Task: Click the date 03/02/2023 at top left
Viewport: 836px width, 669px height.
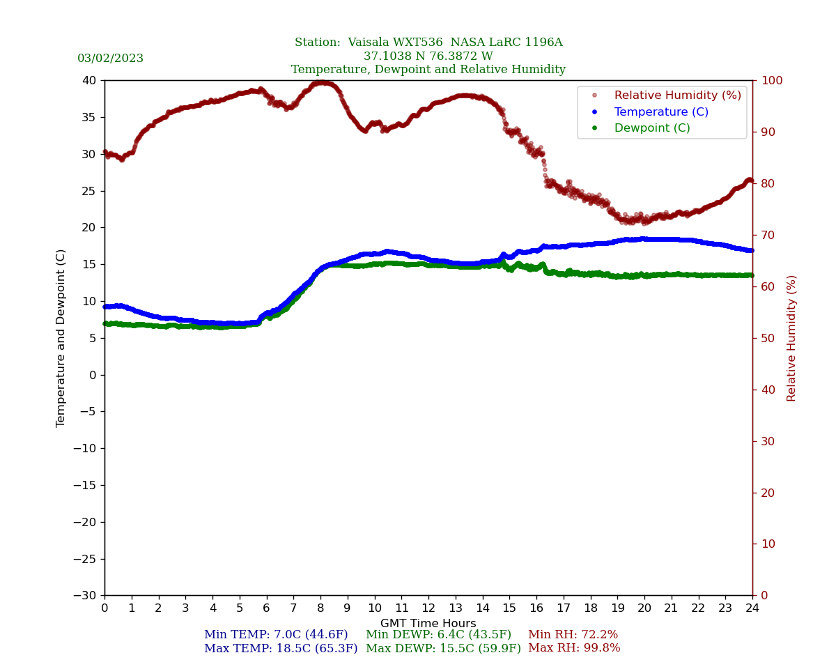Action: (x=110, y=59)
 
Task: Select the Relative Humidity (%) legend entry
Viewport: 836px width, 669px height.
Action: (x=677, y=95)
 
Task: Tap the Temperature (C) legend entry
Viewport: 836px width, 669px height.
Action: (x=660, y=112)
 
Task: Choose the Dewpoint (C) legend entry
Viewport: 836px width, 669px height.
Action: (x=651, y=128)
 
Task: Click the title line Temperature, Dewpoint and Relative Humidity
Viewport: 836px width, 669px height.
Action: (x=428, y=70)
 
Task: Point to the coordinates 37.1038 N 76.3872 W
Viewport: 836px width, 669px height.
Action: (x=428, y=56)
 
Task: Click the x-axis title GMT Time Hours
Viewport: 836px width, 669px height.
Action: (x=428, y=624)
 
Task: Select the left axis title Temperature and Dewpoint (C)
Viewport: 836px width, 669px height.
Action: (x=61, y=338)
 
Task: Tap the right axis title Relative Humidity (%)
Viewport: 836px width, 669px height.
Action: (x=791, y=338)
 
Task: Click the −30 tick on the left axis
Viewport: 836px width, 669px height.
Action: (x=86, y=596)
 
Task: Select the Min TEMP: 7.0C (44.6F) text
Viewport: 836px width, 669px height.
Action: (x=276, y=635)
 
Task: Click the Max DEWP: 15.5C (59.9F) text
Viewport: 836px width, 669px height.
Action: (x=443, y=649)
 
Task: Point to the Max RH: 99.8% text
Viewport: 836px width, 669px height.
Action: (x=574, y=649)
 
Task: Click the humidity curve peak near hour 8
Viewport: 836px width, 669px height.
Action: (x=321, y=82)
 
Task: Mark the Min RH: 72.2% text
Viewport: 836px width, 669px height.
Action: (x=573, y=635)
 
